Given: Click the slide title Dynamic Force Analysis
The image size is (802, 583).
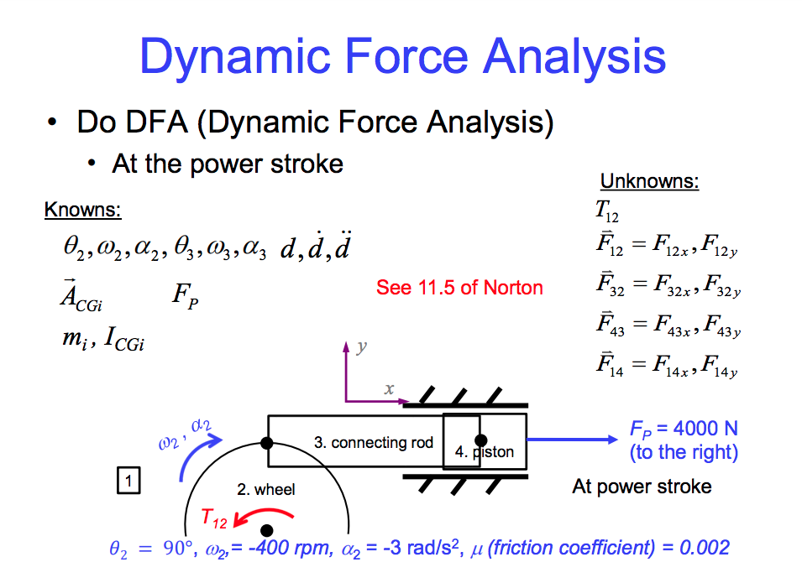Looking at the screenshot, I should click(402, 57).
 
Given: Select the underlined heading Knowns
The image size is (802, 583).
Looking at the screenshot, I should click(82, 210).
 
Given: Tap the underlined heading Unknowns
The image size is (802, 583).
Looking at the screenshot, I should click(649, 182).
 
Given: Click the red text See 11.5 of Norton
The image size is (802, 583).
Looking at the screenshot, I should click(459, 288).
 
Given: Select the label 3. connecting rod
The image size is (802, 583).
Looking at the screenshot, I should click(374, 442).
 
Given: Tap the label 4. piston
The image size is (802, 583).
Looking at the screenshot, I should click(484, 452).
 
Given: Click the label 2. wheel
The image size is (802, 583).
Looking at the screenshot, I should click(265, 489).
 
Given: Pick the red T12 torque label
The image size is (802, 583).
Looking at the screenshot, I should click(214, 520).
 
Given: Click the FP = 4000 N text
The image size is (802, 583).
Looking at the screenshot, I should click(684, 429).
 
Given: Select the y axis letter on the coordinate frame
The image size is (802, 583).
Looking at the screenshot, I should click(362, 347).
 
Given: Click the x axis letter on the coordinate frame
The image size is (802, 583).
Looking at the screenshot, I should click(389, 389).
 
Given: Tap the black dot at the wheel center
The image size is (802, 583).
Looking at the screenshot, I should click(267, 530).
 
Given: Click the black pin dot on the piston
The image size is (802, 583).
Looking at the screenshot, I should click(480, 440).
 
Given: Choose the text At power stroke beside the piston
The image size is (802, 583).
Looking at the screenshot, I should click(642, 487).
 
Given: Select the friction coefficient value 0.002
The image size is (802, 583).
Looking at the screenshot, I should click(704, 549).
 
